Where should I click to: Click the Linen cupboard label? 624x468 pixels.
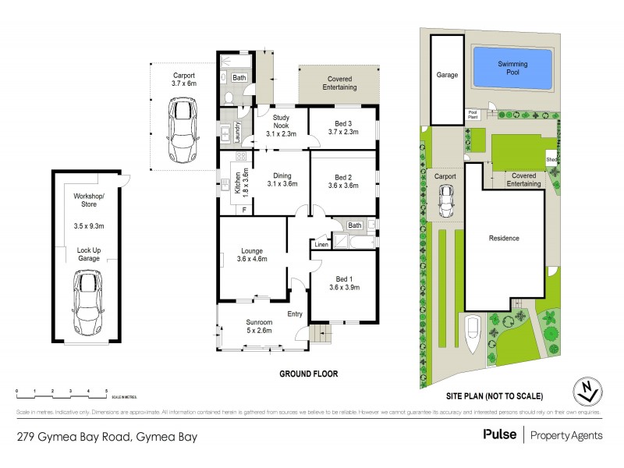321,245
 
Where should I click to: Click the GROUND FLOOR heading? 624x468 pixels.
309,374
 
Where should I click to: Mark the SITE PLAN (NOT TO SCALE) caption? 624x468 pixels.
495,395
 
